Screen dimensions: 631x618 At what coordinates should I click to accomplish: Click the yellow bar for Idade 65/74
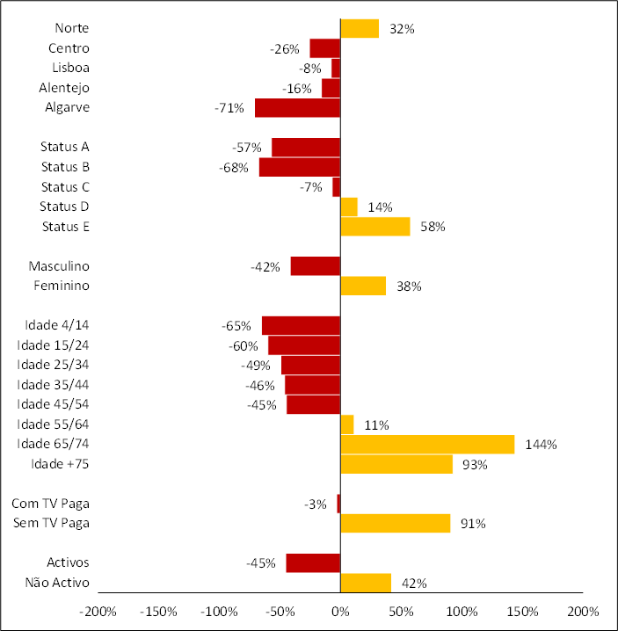(426, 445)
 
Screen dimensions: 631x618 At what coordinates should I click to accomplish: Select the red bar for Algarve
(297, 108)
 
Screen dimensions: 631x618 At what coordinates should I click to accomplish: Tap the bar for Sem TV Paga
(395, 524)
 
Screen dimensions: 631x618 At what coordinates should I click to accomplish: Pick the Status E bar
(374, 227)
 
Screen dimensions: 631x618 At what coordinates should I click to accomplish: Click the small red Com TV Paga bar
(338, 504)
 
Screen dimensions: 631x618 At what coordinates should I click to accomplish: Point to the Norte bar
(360, 29)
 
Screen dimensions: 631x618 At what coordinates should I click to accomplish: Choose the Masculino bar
(315, 266)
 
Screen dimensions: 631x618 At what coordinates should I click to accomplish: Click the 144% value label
(540, 445)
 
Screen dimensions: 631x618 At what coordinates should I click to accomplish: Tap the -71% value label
(229, 108)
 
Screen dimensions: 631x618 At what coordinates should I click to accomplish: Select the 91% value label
(473, 524)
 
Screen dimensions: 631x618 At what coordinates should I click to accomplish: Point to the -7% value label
(312, 187)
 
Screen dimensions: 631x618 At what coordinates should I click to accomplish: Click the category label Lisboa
(71, 68)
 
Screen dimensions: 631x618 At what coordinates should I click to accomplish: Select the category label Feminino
(62, 286)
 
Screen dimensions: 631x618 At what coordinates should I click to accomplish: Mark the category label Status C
(65, 187)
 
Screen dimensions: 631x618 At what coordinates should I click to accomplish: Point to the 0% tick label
(340, 611)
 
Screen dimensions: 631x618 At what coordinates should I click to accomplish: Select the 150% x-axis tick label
(522, 611)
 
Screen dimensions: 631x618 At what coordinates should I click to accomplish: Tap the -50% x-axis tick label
(279, 611)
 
